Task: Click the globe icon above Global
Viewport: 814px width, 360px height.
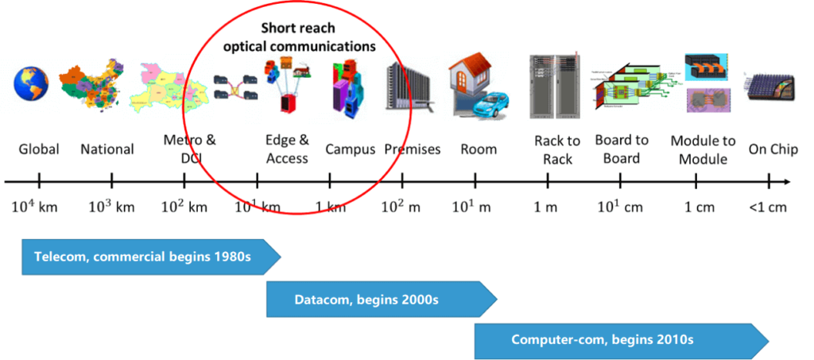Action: (x=32, y=84)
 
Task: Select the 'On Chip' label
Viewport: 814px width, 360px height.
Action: (x=772, y=149)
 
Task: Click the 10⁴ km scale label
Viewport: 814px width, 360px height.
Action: (x=34, y=207)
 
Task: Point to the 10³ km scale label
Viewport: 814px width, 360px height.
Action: (x=111, y=207)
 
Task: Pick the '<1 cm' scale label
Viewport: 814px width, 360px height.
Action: (x=767, y=207)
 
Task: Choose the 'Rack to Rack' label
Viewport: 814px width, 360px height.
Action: (x=557, y=149)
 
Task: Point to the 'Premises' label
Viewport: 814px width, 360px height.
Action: (x=412, y=149)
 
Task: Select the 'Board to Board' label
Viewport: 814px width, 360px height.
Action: (x=622, y=149)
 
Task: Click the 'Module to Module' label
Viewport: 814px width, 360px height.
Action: (x=703, y=149)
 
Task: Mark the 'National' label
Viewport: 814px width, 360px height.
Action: (x=107, y=149)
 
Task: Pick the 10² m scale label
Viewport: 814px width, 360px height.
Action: (x=402, y=207)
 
